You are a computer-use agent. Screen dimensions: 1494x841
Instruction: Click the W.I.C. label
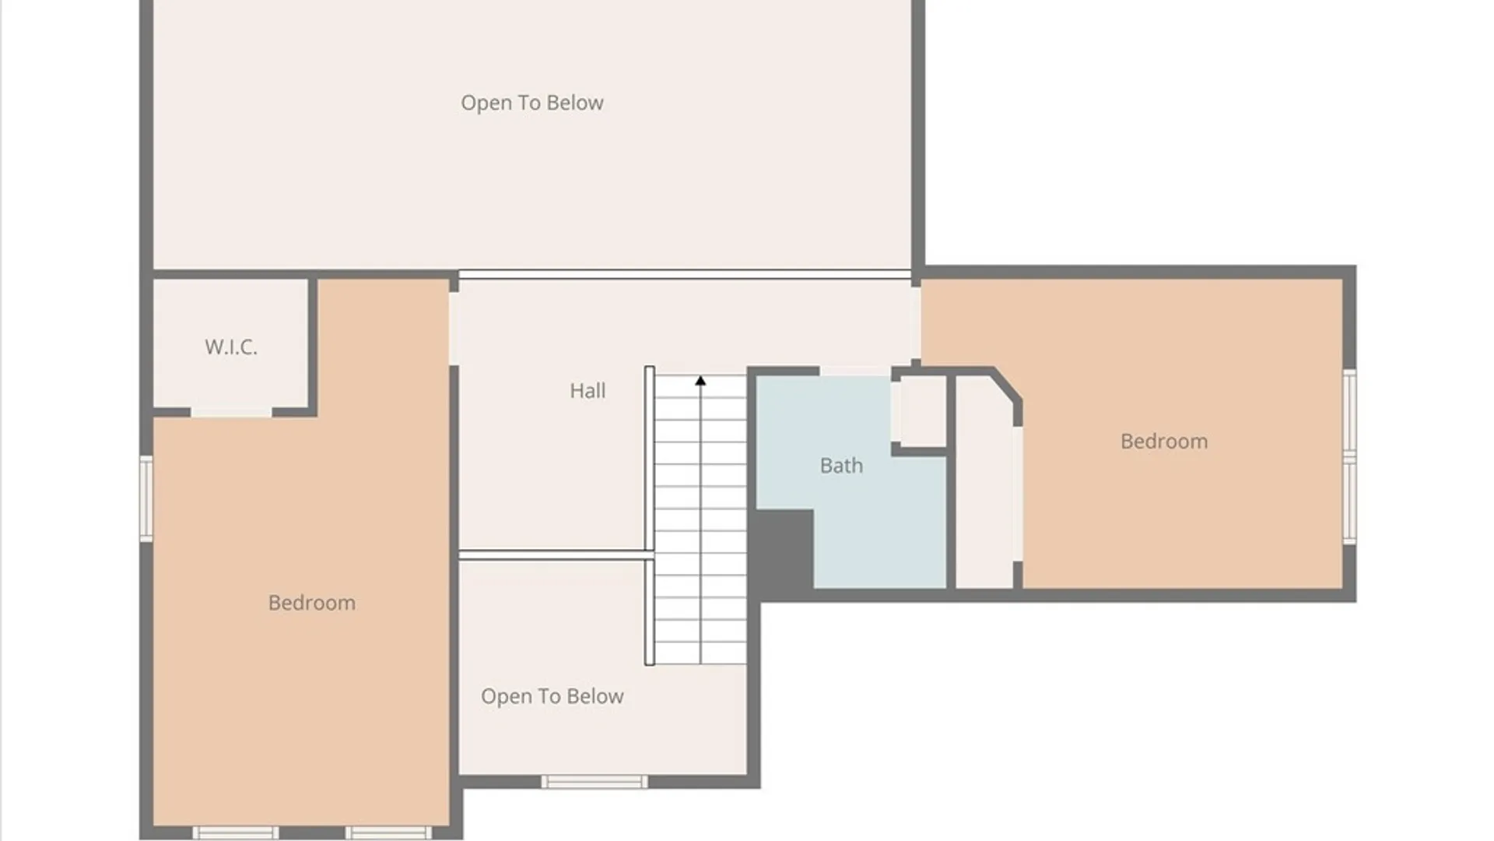pos(231,347)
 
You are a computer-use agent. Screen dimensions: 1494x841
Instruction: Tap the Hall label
pos(587,390)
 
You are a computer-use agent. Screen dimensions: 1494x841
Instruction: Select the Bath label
pos(841,465)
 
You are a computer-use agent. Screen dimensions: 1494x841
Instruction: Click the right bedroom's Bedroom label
pos(1164,441)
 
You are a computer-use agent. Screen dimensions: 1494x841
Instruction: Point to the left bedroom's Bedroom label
pos(312,602)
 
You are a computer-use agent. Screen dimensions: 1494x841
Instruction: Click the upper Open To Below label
pos(532,103)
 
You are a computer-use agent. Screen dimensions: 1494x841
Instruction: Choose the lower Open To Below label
pos(552,696)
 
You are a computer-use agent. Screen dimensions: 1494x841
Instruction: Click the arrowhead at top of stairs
pos(700,381)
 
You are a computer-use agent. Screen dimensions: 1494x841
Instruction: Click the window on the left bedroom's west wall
pos(146,498)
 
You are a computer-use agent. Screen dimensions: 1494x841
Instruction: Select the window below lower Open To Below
pos(594,782)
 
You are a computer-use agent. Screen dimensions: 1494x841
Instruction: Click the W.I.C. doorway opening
pos(231,412)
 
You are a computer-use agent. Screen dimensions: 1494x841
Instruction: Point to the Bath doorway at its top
pos(855,371)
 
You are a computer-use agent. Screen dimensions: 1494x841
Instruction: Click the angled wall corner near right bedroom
pos(1007,385)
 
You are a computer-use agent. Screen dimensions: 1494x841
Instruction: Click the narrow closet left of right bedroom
pos(984,483)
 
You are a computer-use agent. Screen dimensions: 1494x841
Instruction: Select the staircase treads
pos(700,519)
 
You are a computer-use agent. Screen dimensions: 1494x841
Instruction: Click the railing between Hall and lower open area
pos(556,554)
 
